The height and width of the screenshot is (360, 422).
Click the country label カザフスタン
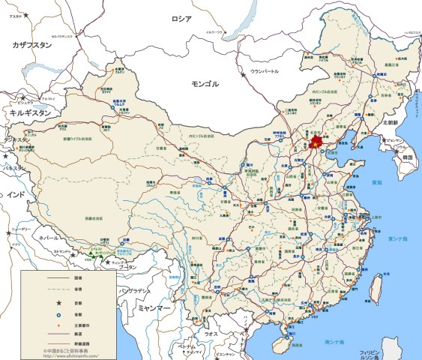[x=31, y=46]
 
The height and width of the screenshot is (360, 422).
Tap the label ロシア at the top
[x=181, y=19]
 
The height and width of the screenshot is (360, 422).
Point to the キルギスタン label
[x=30, y=112]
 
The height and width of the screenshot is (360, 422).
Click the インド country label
[x=15, y=194]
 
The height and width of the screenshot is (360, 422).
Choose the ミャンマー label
[x=154, y=308]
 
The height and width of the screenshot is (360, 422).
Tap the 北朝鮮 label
[x=394, y=122]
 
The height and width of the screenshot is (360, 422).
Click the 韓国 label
[x=408, y=158]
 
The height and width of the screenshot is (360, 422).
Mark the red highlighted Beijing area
[x=316, y=141]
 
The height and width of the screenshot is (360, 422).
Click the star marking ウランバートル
[x=243, y=73]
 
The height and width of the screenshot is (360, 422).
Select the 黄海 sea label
[x=376, y=182]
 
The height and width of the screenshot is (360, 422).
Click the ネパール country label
[x=48, y=236]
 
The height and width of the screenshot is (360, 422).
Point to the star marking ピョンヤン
[x=384, y=141]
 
